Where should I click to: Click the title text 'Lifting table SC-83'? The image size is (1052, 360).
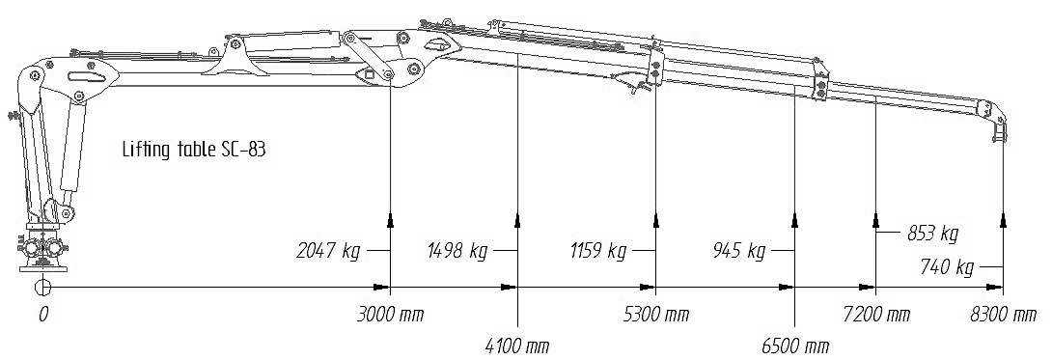point(194,150)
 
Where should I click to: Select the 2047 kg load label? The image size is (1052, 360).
point(328,251)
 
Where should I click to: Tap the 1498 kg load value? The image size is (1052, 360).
point(457,251)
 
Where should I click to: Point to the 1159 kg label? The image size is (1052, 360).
point(597,251)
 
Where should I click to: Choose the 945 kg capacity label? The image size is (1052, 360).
point(739,251)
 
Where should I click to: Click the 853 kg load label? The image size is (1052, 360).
point(932,234)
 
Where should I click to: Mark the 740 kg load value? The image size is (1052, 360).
point(948,267)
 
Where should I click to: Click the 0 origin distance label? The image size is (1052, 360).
point(43,315)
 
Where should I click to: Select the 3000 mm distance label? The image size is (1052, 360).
point(392,315)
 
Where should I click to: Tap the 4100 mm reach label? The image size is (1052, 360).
point(517,346)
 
